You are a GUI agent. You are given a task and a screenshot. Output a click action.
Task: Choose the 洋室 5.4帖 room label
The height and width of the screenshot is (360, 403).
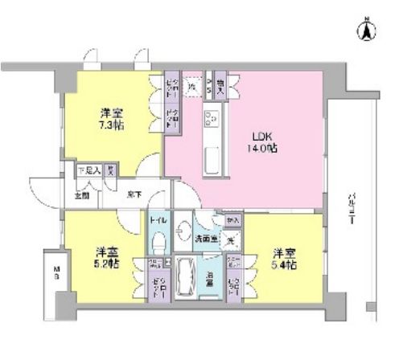[283, 259]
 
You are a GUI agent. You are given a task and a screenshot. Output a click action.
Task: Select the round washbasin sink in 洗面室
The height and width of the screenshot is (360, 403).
[186, 227]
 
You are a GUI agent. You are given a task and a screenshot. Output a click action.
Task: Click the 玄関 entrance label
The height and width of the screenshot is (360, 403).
[83, 194]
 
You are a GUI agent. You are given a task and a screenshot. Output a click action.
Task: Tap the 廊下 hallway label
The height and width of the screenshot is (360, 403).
[134, 194]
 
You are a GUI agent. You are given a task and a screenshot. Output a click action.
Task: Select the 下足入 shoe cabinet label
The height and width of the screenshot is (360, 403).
[88, 170]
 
